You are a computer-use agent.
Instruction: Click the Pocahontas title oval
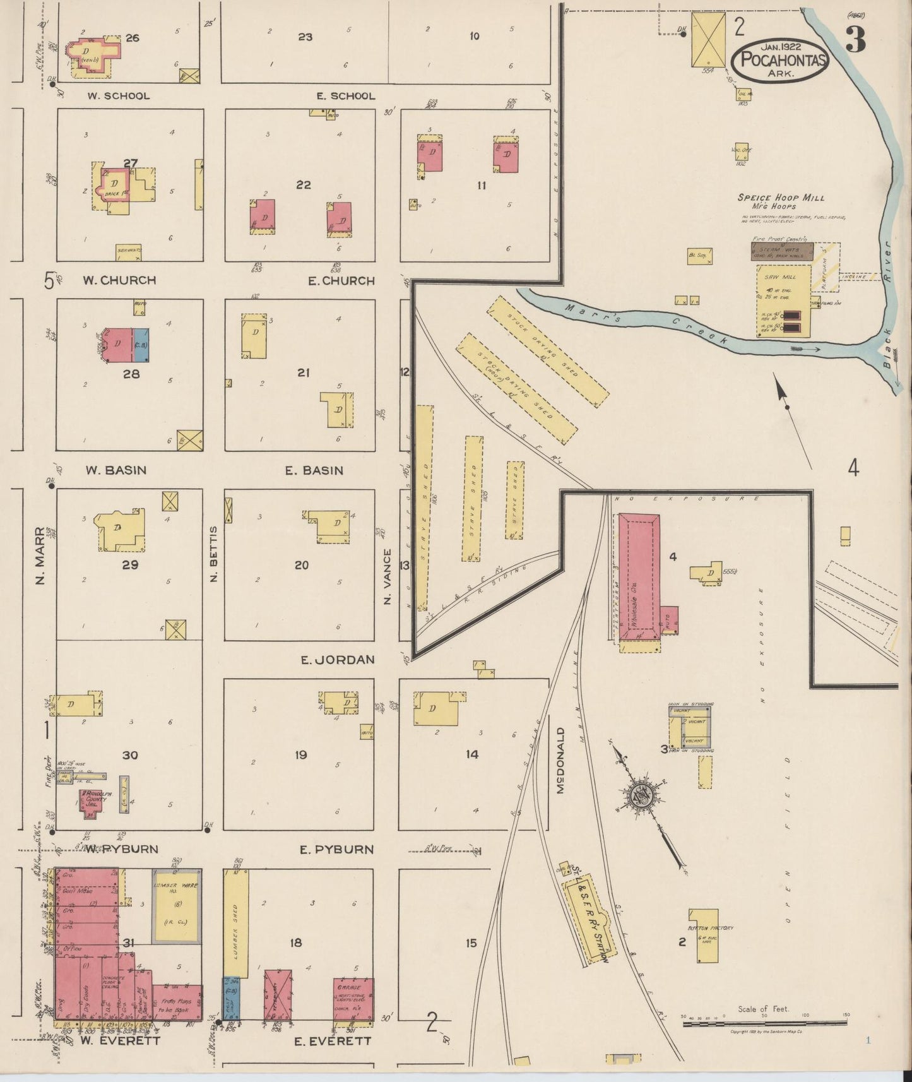[x=781, y=60]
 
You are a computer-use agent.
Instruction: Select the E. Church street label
[x=341, y=281]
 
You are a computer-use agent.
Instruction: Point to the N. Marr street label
[x=40, y=555]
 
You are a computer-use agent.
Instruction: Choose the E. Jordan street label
[x=337, y=660]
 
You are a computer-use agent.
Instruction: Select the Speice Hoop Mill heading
[x=781, y=198]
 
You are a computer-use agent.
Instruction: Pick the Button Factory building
[x=707, y=936]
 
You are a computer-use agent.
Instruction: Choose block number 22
[x=304, y=184]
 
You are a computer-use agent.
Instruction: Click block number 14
[x=471, y=754]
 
